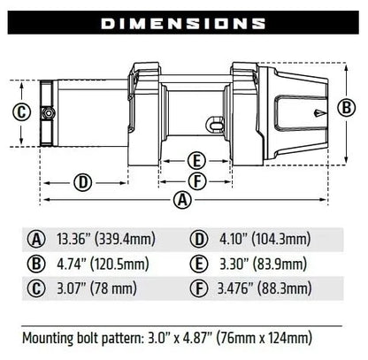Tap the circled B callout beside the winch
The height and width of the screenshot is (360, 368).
pos(348,108)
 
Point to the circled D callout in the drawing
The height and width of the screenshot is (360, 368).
pos(83,182)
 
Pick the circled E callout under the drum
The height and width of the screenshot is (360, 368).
pos(198,160)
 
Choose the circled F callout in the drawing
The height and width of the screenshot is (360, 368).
pos(198,180)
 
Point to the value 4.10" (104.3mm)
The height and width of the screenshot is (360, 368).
pos(262,238)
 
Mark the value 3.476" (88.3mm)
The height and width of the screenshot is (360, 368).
pos(264,287)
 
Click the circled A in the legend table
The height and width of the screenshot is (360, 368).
pos(36,238)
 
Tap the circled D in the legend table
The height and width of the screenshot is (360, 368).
pos(198,238)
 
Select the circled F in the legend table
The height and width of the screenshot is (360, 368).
pos(198,287)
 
